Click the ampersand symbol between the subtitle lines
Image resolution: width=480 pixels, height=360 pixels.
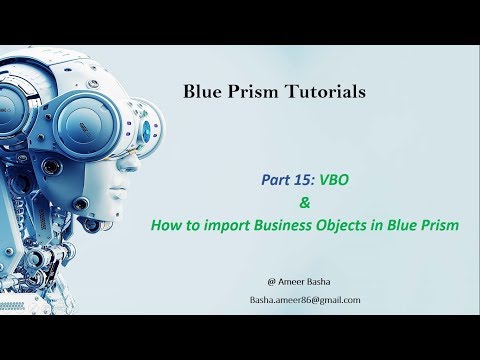283,203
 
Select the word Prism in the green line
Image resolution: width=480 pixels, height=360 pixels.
440,225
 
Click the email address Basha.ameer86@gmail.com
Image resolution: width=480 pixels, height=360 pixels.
305,300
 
